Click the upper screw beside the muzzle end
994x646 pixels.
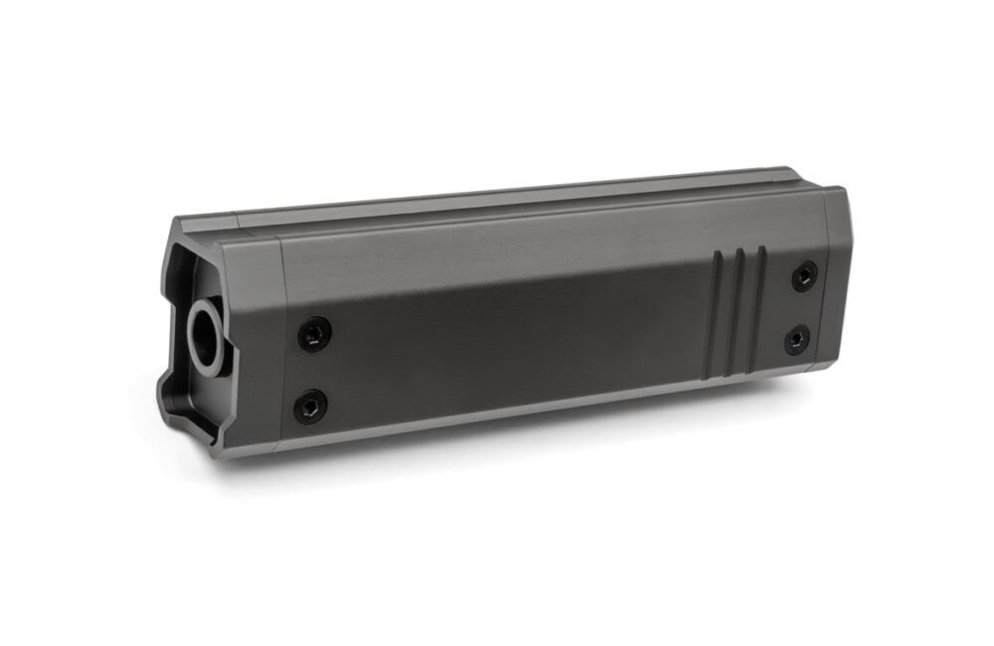coord(314,334)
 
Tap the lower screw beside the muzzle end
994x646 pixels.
coord(309,405)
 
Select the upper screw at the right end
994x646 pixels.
coord(805,275)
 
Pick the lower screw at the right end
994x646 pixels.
coord(797,340)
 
